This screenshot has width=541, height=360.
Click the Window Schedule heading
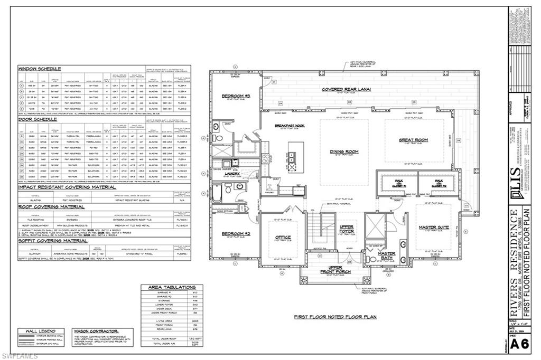[x=40, y=69]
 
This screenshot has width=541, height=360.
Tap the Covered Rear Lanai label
[x=346, y=89]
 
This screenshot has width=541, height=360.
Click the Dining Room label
[x=344, y=151]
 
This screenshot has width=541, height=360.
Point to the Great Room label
[x=413, y=140]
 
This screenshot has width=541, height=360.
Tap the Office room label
[x=283, y=237]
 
